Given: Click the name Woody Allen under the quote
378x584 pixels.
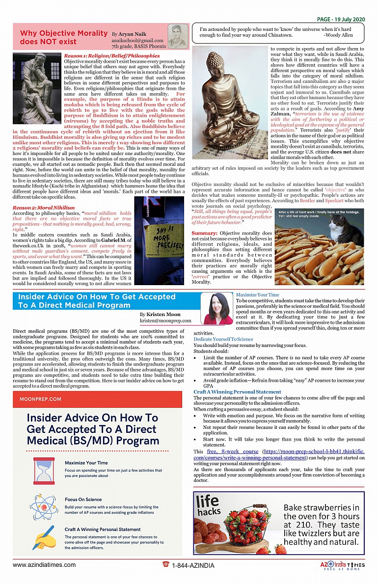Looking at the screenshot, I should pos(338,35).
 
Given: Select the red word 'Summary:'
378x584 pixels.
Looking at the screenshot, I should pos(205,233).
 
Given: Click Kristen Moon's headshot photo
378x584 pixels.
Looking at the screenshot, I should pos(218,309).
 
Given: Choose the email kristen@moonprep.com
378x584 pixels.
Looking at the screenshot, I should pos(165,320).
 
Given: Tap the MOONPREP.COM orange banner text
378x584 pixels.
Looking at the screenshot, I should pos(41,399).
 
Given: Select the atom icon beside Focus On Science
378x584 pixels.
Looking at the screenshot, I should pos(44,505).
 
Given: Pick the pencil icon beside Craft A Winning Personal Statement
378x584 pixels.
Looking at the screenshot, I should pos(44,537).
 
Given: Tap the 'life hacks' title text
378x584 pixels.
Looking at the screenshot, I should pos(208,506).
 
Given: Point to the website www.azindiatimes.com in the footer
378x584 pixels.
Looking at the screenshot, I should pos(44,565).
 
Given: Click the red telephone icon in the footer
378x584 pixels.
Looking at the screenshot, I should pos(166,565).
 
